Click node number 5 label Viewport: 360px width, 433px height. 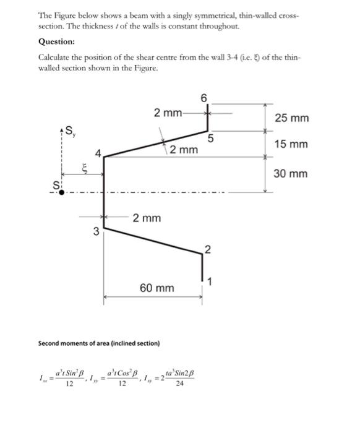pyautogui.click(x=211, y=139)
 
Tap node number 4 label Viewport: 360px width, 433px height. pyautogui.click(x=97, y=153)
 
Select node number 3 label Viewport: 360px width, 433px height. pyautogui.click(x=95, y=232)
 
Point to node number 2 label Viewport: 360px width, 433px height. pyautogui.click(x=208, y=251)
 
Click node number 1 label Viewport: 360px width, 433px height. pyautogui.click(x=209, y=283)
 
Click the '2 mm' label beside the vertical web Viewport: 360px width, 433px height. pyautogui.click(x=147, y=218)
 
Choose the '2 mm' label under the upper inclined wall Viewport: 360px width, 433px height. pyautogui.click(x=184, y=150)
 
